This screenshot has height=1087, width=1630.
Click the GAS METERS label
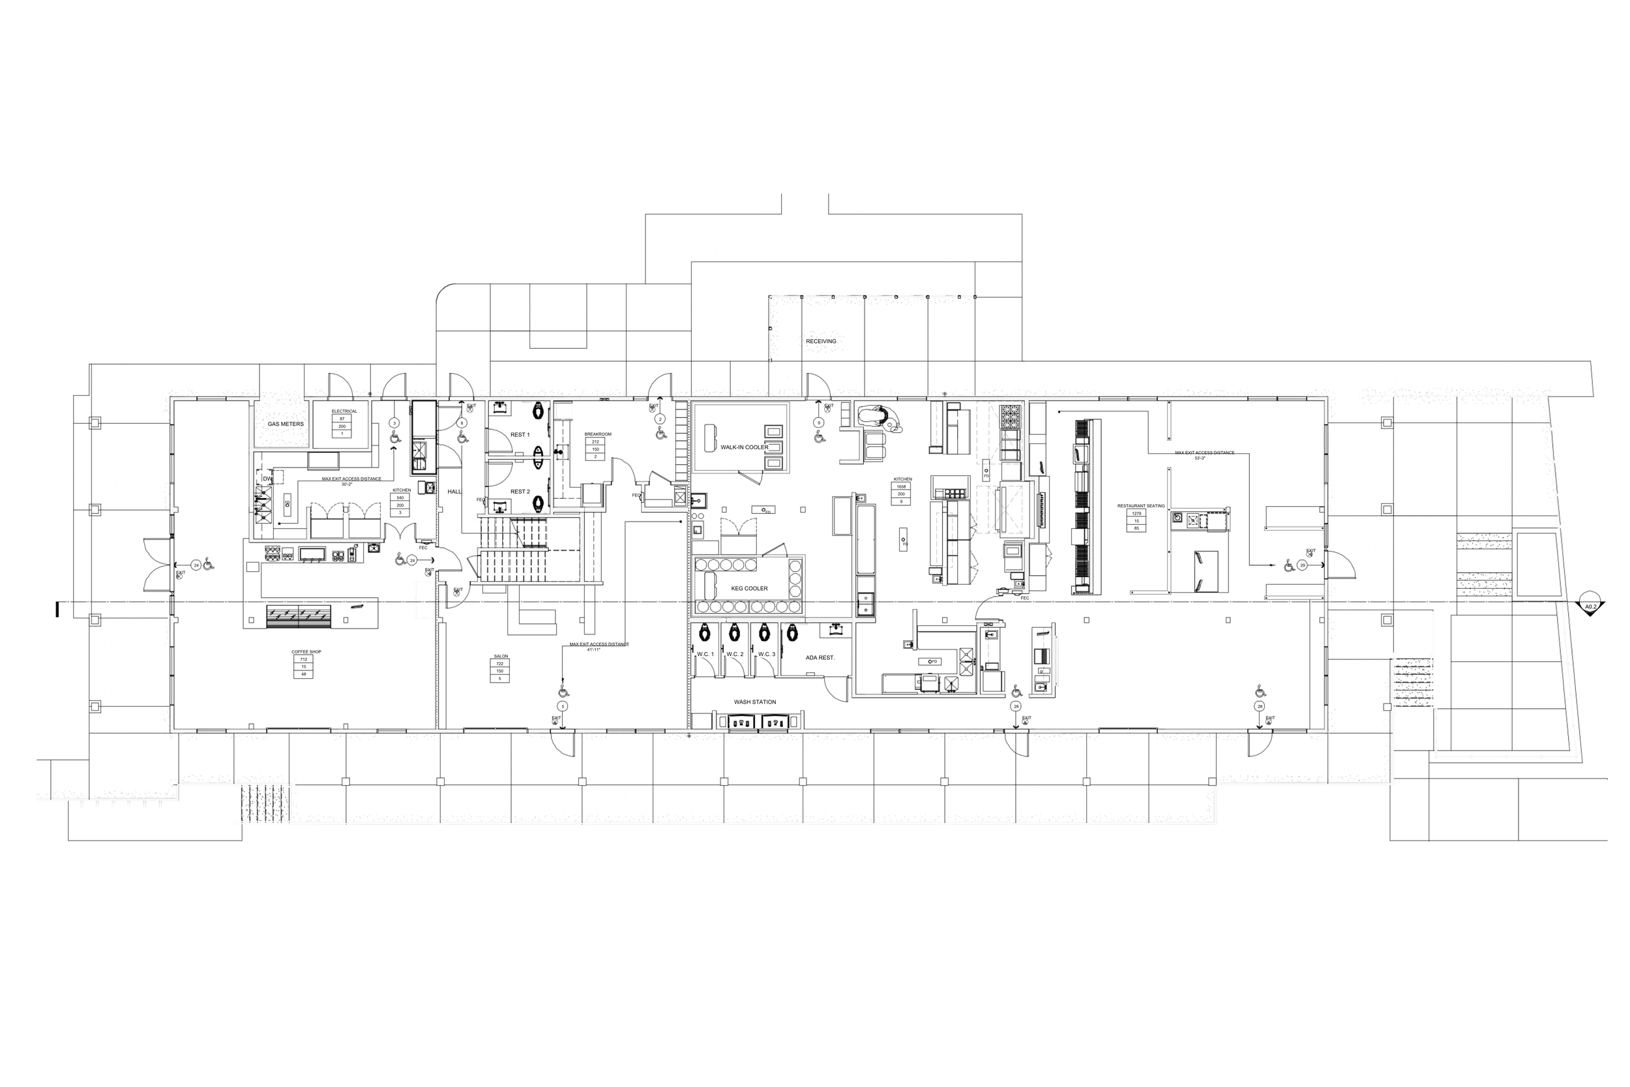coord(286,424)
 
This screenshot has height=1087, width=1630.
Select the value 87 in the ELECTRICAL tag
coord(342,419)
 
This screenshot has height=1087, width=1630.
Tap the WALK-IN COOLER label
coord(745,447)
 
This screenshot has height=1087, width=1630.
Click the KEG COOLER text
coord(749,589)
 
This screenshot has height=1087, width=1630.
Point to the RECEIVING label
coord(821,341)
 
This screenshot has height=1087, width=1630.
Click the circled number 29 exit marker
coord(1302,566)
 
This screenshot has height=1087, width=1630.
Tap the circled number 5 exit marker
coord(563,706)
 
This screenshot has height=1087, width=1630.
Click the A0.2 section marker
coord(1590,607)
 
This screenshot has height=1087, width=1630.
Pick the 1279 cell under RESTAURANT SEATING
coord(1136,514)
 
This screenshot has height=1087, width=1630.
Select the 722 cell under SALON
coord(499,664)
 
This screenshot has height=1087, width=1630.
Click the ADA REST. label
coord(820,657)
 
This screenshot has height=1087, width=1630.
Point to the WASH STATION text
coord(755,702)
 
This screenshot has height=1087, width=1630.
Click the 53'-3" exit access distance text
coord(1200,458)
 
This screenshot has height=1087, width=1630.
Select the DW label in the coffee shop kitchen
coord(267,479)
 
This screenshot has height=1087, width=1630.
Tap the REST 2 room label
coord(520,492)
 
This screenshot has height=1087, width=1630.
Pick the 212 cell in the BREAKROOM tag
coord(595,441)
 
